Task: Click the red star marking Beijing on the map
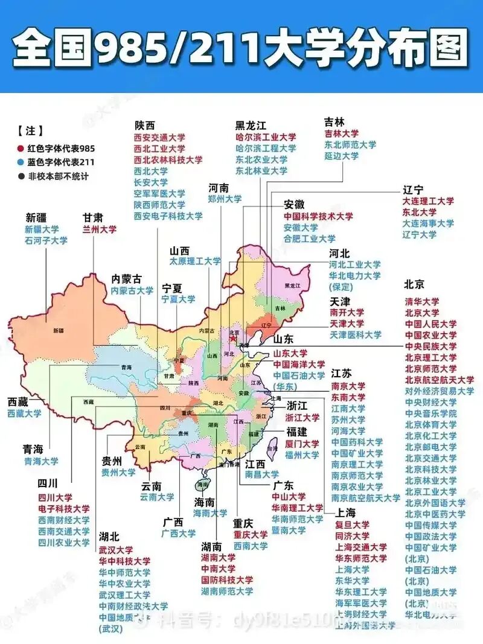click(x=232, y=339)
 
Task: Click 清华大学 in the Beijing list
click(x=422, y=301)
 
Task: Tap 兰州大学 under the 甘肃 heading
click(x=100, y=229)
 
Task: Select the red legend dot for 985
click(x=21, y=148)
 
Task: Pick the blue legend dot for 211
click(x=21, y=162)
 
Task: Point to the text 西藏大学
click(x=25, y=413)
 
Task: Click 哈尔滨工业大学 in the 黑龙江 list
click(x=266, y=137)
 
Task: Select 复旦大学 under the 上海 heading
click(x=353, y=524)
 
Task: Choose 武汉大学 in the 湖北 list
click(x=117, y=550)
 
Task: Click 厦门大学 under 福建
click(x=302, y=444)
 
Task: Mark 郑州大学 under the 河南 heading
click(x=225, y=199)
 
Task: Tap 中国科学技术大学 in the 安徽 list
click(x=318, y=216)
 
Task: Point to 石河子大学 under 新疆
click(x=46, y=240)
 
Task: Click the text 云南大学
click(x=158, y=497)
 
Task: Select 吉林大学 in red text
click(x=342, y=133)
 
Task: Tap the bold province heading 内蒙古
click(x=127, y=279)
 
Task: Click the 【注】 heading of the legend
click(x=30, y=131)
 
